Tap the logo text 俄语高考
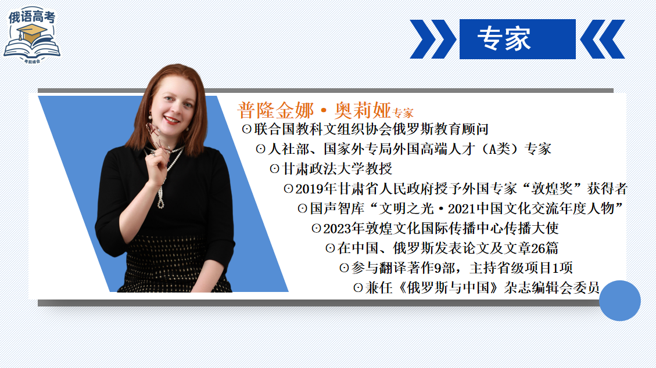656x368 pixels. click(x=32, y=17)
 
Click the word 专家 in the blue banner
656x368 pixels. click(x=504, y=39)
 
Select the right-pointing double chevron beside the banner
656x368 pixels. click(x=433, y=39)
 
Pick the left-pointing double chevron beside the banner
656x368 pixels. click(x=603, y=39)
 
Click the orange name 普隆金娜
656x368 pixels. click(x=275, y=111)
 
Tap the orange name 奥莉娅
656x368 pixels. click(x=363, y=111)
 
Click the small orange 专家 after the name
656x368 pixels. click(x=403, y=113)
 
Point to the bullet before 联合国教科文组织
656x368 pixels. click(x=246, y=129)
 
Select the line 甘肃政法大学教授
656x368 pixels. click(x=337, y=169)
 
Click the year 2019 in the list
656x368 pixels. click(x=309, y=189)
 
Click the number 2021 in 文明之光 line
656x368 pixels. click(x=462, y=208)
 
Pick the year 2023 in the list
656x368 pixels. click(x=337, y=229)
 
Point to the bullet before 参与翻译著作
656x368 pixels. click(x=344, y=268)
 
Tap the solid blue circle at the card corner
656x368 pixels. click(x=619, y=301)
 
